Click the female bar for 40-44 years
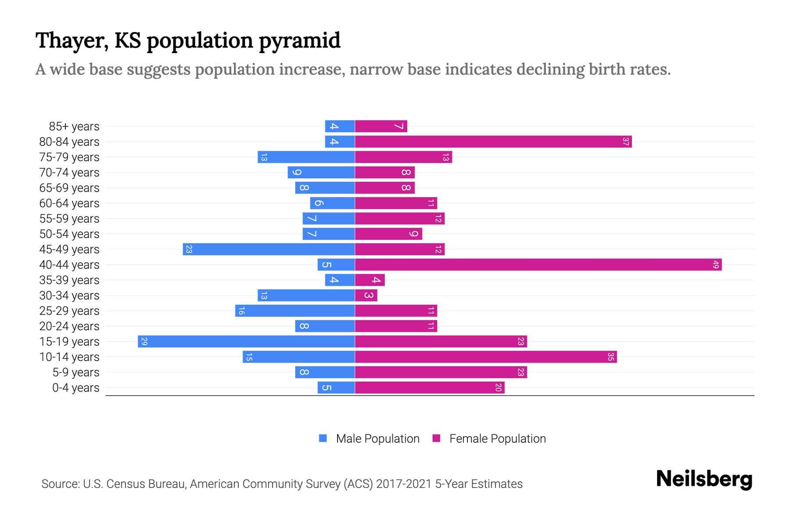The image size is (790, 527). [x=538, y=265]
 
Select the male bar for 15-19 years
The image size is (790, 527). [x=246, y=342]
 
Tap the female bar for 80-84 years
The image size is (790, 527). [x=493, y=142]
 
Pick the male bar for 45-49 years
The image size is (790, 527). [x=269, y=249]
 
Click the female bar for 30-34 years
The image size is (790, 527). [x=366, y=296]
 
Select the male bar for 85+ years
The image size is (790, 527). [x=340, y=126]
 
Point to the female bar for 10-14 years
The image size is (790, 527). [x=486, y=357]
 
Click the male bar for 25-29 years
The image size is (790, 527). [x=295, y=311]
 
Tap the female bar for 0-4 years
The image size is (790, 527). [x=430, y=388]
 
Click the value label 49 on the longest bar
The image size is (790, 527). [x=716, y=265]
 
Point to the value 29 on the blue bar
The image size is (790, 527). [x=144, y=342]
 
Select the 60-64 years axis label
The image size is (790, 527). [x=69, y=203]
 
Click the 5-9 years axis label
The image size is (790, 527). [x=76, y=372]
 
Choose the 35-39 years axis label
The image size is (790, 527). [x=69, y=280]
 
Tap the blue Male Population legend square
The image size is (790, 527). [x=323, y=438]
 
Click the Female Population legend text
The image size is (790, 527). [x=497, y=438]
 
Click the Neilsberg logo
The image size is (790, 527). [x=704, y=479]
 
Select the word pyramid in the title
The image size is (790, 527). [x=299, y=40]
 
